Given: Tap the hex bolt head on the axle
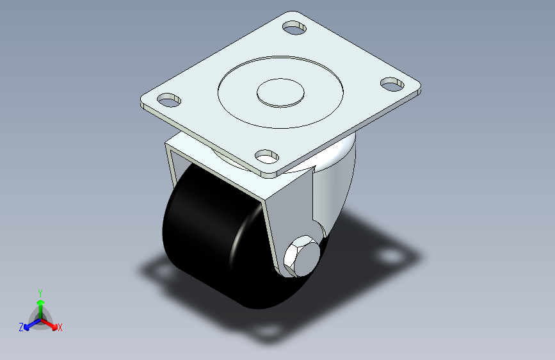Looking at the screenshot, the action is click(x=302, y=256).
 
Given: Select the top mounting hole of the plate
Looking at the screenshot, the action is click(x=294, y=28).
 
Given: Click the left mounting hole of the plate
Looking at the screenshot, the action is click(x=169, y=100).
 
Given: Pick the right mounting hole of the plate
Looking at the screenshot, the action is click(x=392, y=85).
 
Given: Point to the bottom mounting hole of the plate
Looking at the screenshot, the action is click(x=267, y=156).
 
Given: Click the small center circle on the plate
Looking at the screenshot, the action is click(x=280, y=92).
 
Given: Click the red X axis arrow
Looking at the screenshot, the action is click(x=49, y=323).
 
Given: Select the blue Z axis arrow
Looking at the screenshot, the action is click(x=33, y=324).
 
